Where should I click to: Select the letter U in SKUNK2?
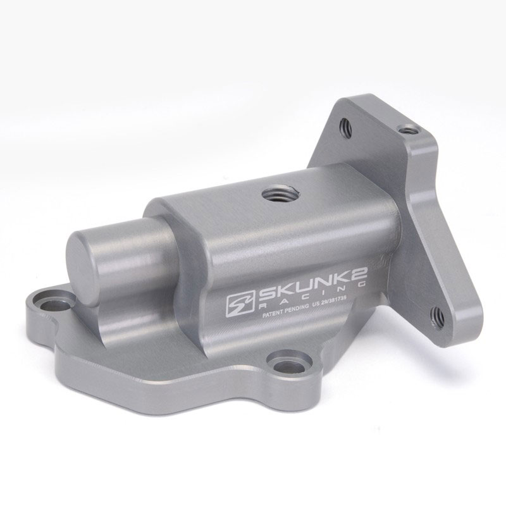(x=295, y=287)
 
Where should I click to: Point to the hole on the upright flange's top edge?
(x=410, y=130)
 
